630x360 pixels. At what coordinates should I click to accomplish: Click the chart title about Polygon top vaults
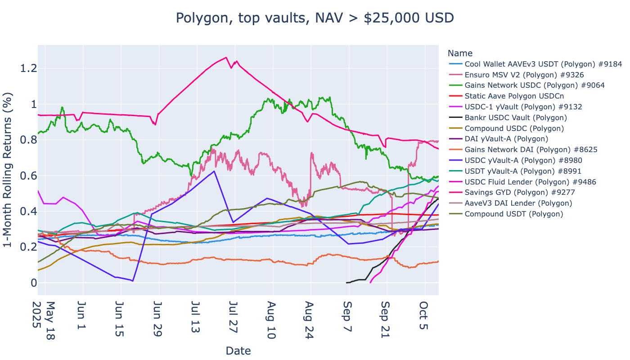click(315, 18)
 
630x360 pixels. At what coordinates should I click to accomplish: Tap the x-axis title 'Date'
click(238, 351)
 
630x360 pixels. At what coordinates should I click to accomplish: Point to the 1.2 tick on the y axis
click(28, 68)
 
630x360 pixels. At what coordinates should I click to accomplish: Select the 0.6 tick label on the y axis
click(28, 175)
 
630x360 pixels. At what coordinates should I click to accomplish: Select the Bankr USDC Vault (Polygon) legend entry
click(515, 117)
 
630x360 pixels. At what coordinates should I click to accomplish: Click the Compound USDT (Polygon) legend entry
click(513, 214)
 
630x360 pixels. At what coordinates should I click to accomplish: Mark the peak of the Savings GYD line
click(226, 57)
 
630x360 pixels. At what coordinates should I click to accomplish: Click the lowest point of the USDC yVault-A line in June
click(132, 281)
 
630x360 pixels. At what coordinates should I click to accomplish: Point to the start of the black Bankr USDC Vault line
click(346, 283)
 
